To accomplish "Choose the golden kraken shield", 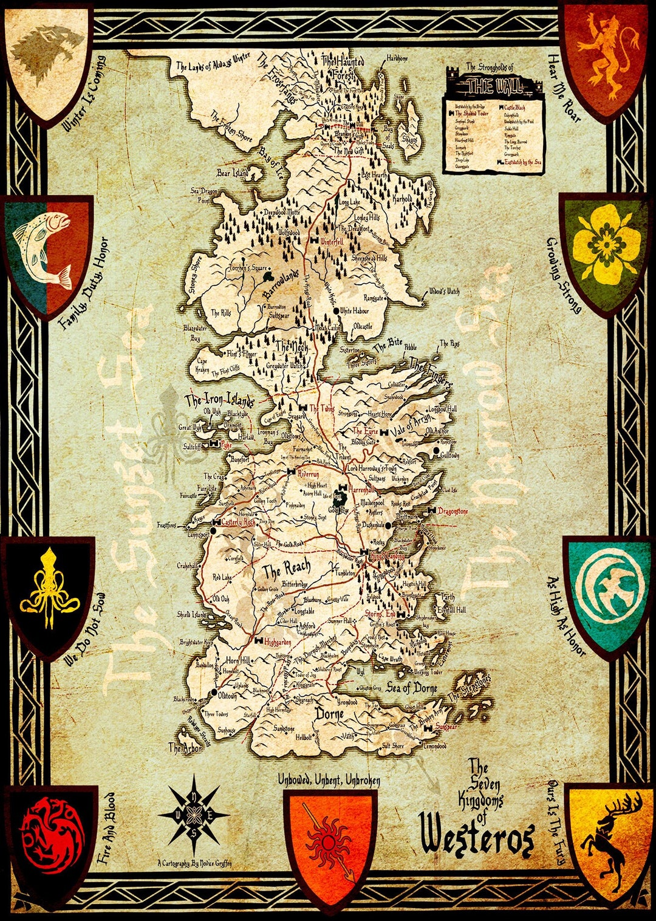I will (x=49, y=592).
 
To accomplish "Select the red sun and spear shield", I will (x=330, y=841).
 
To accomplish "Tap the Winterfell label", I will (x=332, y=242).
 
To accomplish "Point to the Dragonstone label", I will (x=453, y=511).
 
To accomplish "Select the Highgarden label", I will (x=278, y=642).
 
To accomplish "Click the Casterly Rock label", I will (x=238, y=522).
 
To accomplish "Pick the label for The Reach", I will (x=286, y=569).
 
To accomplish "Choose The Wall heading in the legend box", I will (x=488, y=85).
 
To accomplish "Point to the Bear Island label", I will (x=233, y=174).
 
